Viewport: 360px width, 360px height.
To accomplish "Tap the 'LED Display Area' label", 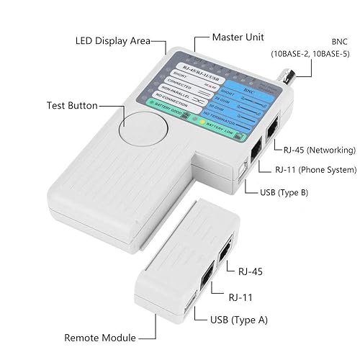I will coord(112,40).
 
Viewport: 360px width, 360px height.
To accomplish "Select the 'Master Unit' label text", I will coord(238,36).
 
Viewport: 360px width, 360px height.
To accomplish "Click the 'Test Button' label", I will coord(71,106).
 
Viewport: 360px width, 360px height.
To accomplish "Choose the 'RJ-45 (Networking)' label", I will coord(319,150).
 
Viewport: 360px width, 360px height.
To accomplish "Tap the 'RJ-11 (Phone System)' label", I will coord(316,170).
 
